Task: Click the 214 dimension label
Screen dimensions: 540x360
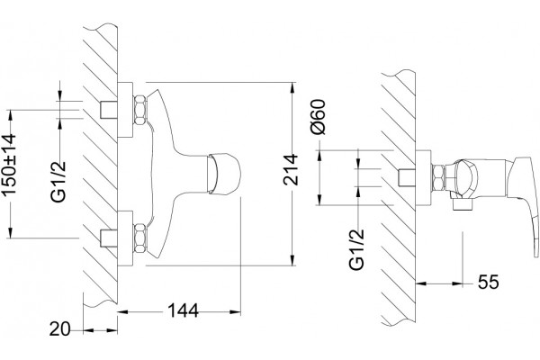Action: [x=291, y=169]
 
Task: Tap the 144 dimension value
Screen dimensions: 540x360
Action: [x=183, y=311]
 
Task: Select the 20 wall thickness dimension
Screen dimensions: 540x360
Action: [x=59, y=329]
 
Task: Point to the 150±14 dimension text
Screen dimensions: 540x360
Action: [x=9, y=165]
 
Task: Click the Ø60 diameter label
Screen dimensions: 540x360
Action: [x=318, y=116]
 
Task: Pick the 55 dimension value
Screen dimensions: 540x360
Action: [x=488, y=283]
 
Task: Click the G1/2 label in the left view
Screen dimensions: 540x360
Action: [x=58, y=181]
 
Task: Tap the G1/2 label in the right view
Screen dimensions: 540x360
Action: [x=356, y=249]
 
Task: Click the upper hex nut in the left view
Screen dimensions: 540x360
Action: [x=140, y=110]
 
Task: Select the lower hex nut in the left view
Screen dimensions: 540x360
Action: [x=140, y=238]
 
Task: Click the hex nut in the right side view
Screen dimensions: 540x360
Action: [x=438, y=178]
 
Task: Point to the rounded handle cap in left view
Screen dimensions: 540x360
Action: [x=223, y=173]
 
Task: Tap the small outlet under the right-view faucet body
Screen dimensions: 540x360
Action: [x=463, y=204]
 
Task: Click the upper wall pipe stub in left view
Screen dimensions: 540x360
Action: [x=109, y=110]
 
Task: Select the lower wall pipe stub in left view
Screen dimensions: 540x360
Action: [x=109, y=238]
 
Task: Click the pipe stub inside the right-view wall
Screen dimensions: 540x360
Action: [x=407, y=178]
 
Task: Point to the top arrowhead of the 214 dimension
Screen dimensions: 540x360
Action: [x=292, y=87]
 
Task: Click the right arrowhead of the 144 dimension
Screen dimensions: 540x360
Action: [x=235, y=311]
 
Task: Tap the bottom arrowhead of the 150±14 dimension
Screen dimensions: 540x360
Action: [x=10, y=232]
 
